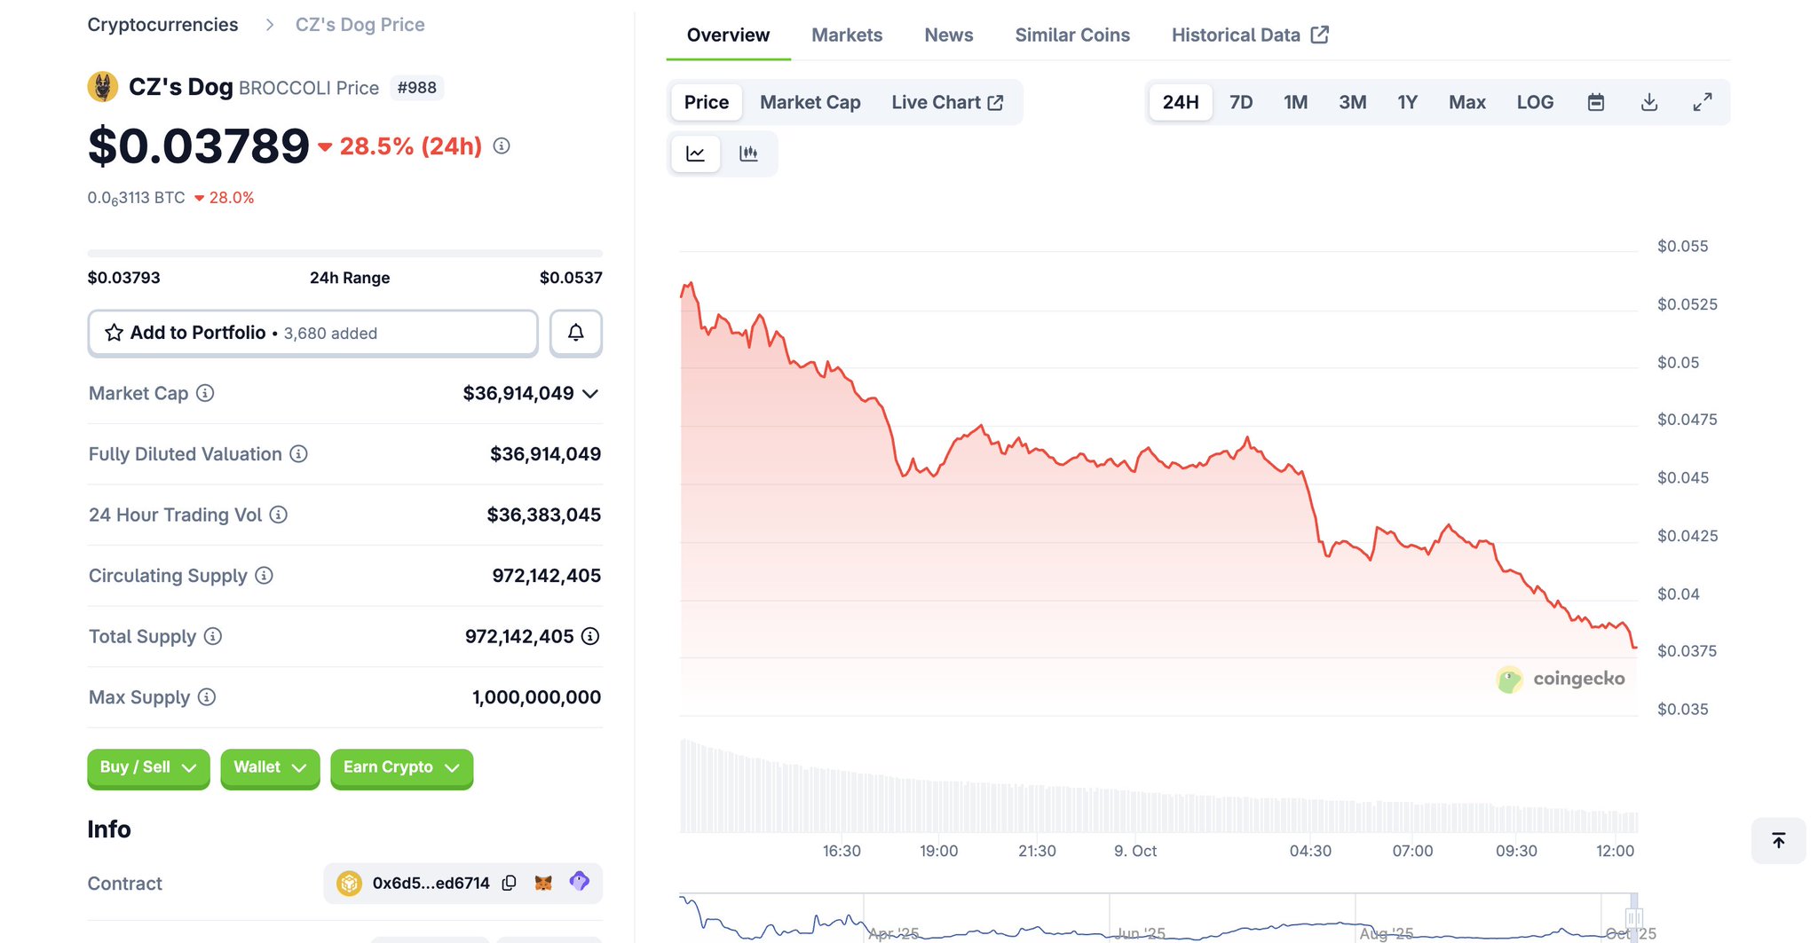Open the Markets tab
(x=846, y=35)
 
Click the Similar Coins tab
(x=1071, y=35)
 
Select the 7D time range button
(x=1240, y=102)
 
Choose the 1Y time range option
(x=1406, y=102)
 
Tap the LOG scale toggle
(x=1534, y=102)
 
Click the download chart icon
(x=1648, y=102)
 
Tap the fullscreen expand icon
(x=1702, y=102)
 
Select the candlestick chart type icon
(x=748, y=153)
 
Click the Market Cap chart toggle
(x=810, y=102)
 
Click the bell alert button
(x=575, y=333)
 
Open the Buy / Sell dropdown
(x=148, y=767)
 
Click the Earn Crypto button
(x=401, y=767)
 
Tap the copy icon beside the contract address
(x=509, y=883)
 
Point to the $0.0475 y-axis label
(x=1687, y=420)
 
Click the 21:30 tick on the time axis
(x=1036, y=851)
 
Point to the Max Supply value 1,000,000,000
(x=536, y=697)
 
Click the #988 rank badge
(x=416, y=88)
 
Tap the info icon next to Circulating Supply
(x=264, y=576)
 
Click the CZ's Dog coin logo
(x=103, y=87)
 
